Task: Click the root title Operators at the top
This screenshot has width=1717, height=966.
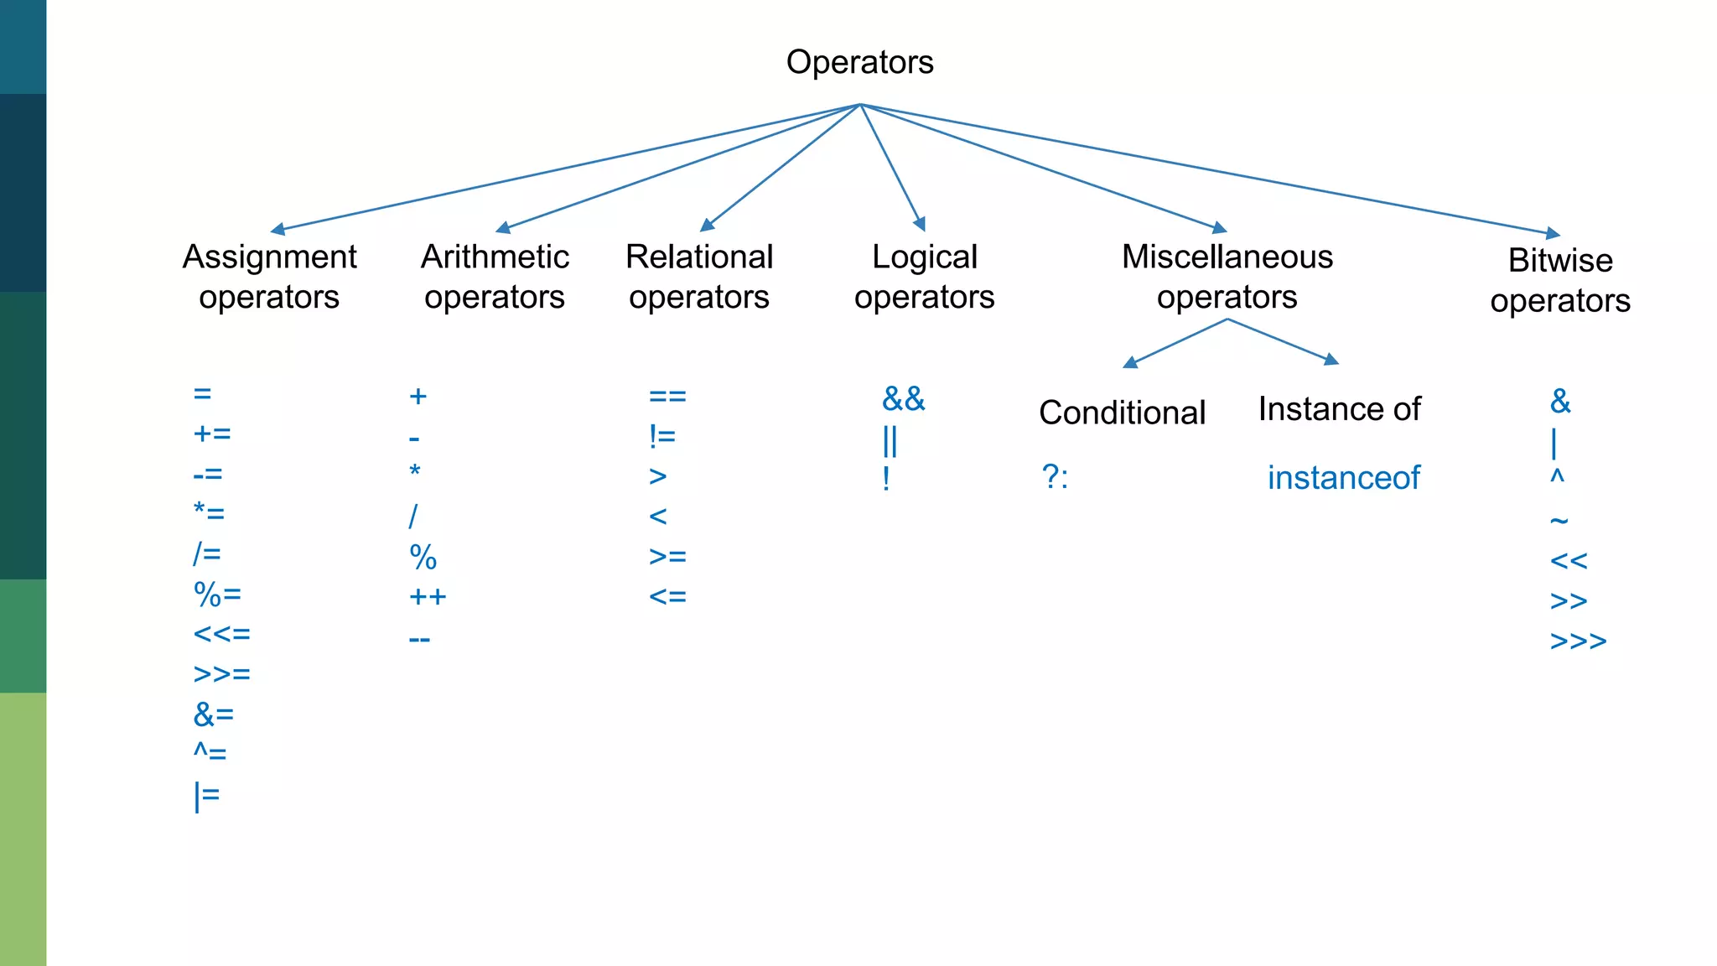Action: click(859, 62)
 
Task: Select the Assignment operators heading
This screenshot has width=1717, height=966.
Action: click(269, 276)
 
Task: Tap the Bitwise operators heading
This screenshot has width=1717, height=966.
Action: click(1559, 279)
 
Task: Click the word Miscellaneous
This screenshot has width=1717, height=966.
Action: click(1227, 257)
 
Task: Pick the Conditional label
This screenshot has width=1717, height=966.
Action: click(1122, 413)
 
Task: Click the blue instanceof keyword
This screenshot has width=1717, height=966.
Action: click(1343, 478)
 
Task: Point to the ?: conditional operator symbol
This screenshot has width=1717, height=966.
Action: click(1055, 477)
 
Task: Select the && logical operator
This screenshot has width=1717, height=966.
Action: click(903, 399)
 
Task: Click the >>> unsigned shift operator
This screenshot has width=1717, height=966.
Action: click(1578, 641)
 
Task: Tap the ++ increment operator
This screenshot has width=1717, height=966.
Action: click(428, 597)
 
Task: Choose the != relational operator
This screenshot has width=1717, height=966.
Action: click(661, 436)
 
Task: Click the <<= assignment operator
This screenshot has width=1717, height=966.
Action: click(221, 634)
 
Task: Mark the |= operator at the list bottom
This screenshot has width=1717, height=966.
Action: click(206, 795)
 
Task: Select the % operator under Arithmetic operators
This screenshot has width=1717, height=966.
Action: click(423, 558)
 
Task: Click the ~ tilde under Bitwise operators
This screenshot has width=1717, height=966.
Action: click(1559, 521)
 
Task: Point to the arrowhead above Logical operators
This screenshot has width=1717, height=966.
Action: click(921, 225)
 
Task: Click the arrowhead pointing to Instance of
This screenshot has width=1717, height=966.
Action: click(1331, 360)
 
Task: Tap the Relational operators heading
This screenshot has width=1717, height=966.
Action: click(699, 276)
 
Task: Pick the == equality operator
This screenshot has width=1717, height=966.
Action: click(667, 396)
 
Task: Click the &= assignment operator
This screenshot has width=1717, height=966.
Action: click(214, 714)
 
